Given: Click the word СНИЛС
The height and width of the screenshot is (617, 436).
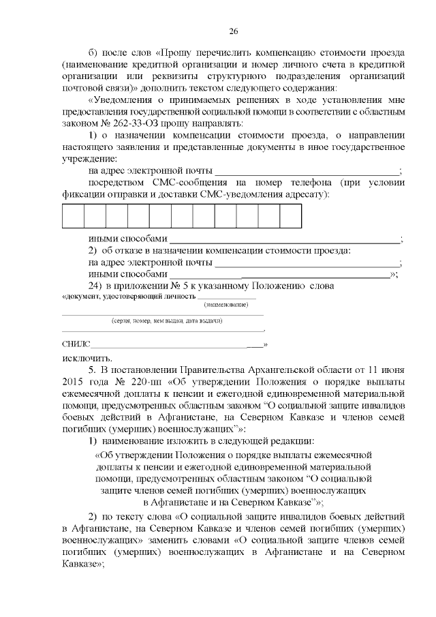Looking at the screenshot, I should pyautogui.click(x=76, y=344).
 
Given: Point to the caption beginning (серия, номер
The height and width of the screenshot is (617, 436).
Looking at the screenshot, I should pyautogui.click(x=167, y=320).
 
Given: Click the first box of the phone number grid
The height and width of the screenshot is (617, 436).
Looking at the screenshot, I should pyautogui.click(x=73, y=215).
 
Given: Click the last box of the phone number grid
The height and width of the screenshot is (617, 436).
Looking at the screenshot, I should pyautogui.click(x=291, y=215).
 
